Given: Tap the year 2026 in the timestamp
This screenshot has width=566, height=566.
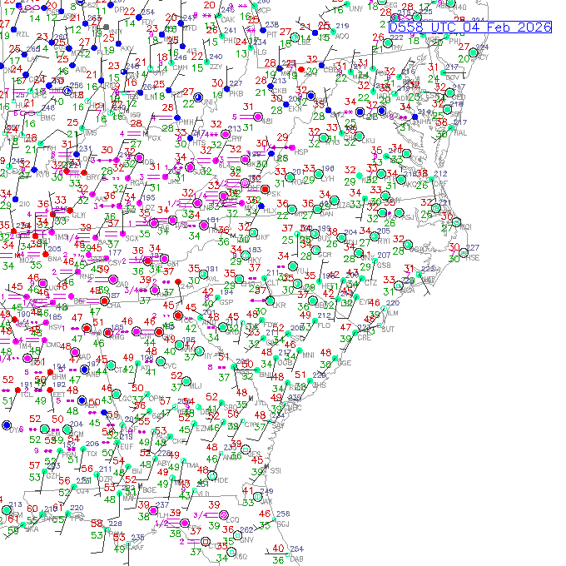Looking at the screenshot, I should coord(533,27).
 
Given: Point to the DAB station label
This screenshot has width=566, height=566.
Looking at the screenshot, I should coord(297,560).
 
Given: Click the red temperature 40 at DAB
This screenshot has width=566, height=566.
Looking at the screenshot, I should coord(278,549).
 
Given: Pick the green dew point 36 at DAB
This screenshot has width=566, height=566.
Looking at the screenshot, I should coord(278,560).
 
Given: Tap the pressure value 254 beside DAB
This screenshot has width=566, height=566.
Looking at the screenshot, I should coord(297,549).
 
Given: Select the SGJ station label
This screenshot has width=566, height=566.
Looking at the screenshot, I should coord(283,524).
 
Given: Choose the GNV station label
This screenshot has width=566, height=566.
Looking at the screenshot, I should coord(246,539).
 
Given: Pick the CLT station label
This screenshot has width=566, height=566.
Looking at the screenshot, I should coord(273,283).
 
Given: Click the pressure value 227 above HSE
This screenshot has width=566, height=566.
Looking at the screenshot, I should coord(473,247).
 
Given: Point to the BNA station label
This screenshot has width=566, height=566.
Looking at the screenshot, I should coord(56,259).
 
